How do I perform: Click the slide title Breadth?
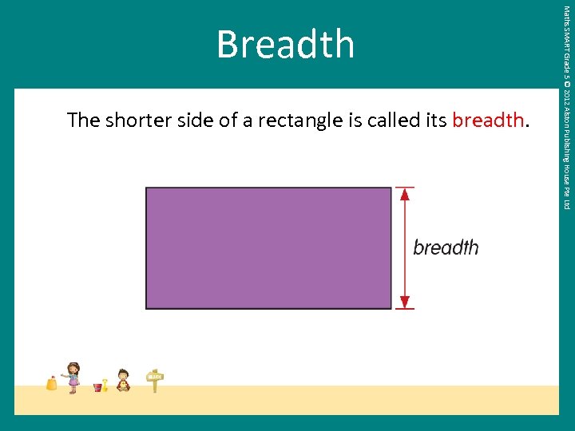pos(285,45)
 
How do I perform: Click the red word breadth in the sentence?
pos(488,121)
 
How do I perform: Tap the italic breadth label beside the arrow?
pos(446,247)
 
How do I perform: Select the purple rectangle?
pos(268,247)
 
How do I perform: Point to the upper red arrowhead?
pos(405,194)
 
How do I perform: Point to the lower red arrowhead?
pos(405,302)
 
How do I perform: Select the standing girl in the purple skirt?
pos(73,377)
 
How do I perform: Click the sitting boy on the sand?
pos(123,380)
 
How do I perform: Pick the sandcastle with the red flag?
pos(52,383)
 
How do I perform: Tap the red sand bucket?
pos(97,387)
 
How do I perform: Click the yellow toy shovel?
pos(105,385)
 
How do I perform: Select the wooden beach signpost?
pos(155,380)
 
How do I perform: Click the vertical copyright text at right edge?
pos(566,108)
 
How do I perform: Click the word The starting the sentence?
pos(83,121)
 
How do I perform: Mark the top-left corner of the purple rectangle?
pos(146,188)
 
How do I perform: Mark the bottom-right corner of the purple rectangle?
pos(391,308)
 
